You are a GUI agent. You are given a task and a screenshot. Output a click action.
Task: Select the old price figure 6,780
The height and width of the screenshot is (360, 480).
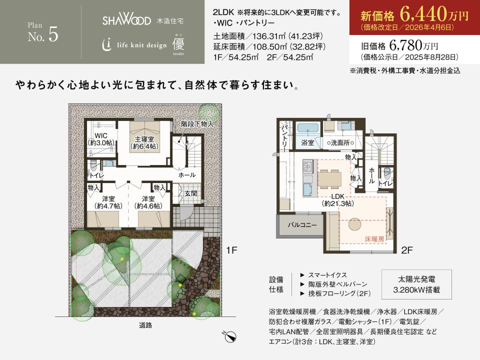pyautogui.click(x=405, y=45)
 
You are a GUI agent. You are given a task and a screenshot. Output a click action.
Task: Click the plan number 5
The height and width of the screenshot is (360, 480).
pyautogui.click(x=53, y=34)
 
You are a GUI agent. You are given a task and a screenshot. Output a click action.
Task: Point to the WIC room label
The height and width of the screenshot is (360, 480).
pyautogui.click(x=101, y=139)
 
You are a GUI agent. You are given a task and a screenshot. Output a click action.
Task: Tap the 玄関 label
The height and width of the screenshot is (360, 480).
pyautogui.click(x=190, y=193)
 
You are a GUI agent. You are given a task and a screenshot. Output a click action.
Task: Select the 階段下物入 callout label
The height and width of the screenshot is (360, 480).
pyautogui.click(x=197, y=124)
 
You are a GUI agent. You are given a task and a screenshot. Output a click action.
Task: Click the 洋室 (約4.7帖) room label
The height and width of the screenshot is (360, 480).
pyautogui.click(x=108, y=202)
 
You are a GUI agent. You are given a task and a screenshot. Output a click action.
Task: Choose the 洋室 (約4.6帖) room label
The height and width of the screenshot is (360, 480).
pyautogui.click(x=148, y=202)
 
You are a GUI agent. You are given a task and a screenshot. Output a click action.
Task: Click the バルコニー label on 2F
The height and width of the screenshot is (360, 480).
pyautogui.click(x=302, y=225)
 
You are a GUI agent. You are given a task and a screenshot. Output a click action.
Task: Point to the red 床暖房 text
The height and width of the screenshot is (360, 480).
pyautogui.click(x=374, y=239)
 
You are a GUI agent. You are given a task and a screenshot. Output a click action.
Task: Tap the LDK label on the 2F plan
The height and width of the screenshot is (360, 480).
pyautogui.click(x=338, y=199)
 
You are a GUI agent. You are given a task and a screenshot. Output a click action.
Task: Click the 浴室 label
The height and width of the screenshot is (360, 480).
pyautogui.click(x=307, y=142)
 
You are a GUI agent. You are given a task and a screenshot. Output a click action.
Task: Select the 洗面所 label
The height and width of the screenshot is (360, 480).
pyautogui.click(x=340, y=142)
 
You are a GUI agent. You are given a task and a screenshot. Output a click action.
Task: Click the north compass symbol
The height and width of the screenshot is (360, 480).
pyautogui.click(x=229, y=336)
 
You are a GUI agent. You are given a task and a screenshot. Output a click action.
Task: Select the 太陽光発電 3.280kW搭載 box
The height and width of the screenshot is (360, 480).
pyautogui.click(x=416, y=284)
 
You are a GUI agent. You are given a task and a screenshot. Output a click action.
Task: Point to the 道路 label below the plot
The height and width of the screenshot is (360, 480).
pyautogui.click(x=145, y=325)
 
